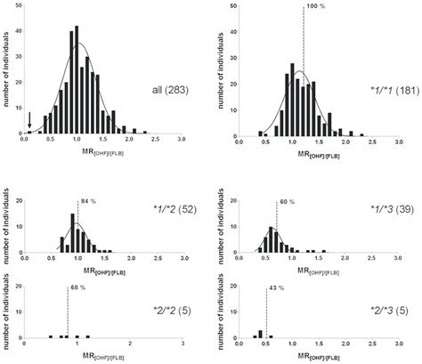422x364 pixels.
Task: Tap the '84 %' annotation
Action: pos(86,201)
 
